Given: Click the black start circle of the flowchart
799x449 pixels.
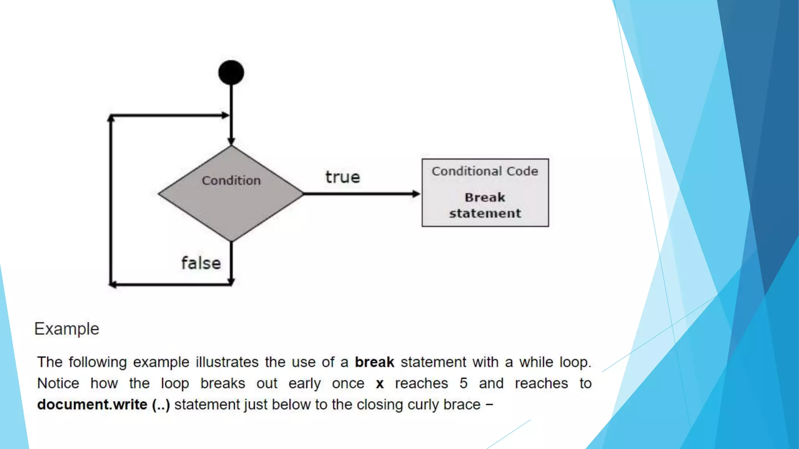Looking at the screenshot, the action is point(231,72).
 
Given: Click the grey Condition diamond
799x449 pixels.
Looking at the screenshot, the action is point(231,207).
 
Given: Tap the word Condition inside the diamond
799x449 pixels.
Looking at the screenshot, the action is point(231,180).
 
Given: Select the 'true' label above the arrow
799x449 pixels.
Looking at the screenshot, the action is point(343,177).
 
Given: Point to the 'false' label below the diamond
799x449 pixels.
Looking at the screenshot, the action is point(201,263).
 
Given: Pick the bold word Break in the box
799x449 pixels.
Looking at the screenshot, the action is point(485,197).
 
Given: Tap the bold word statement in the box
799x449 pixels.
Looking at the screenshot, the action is point(485,213).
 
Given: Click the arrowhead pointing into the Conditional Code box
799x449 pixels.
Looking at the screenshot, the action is point(416,194).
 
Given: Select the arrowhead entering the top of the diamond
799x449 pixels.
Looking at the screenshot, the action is point(231,141).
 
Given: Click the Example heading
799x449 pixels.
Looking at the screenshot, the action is point(67,329).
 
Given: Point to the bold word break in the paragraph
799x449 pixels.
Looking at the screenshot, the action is point(374,362).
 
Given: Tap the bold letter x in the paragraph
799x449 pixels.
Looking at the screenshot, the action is point(380,384).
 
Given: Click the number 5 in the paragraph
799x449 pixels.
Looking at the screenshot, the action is point(463,383).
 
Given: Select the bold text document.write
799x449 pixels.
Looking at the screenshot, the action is point(92,405).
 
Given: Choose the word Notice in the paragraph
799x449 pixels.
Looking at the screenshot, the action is point(58,383).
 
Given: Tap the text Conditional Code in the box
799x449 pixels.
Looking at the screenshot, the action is point(485,171).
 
